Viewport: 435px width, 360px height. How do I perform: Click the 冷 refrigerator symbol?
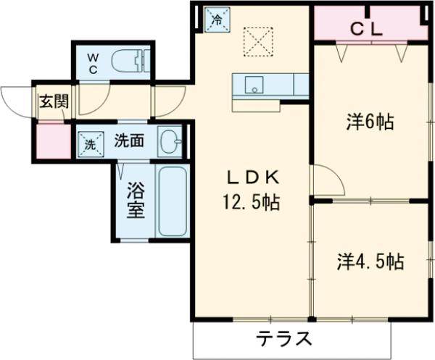point(215,20)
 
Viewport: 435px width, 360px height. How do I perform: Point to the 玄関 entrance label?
point(53,101)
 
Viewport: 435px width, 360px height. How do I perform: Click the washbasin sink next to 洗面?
point(170,141)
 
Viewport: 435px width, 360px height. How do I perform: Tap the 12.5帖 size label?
point(251,201)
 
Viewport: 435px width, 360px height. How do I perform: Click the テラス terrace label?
point(285,338)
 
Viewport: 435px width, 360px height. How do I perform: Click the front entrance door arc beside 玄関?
point(16,98)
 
